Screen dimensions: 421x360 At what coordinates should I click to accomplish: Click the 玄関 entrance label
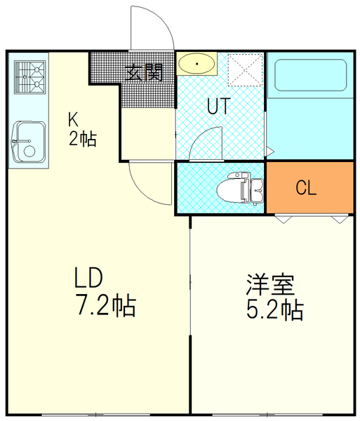(145, 72)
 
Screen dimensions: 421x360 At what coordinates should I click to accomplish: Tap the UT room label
(219, 106)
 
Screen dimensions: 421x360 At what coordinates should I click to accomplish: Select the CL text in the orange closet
(306, 188)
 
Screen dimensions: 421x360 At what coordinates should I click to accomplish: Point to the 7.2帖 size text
(105, 306)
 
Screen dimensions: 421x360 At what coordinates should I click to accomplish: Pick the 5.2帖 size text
(274, 309)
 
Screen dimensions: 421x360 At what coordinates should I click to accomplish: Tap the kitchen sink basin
(27, 141)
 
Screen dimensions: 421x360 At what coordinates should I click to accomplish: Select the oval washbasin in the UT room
(197, 65)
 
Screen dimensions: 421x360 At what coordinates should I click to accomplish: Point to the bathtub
(309, 79)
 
